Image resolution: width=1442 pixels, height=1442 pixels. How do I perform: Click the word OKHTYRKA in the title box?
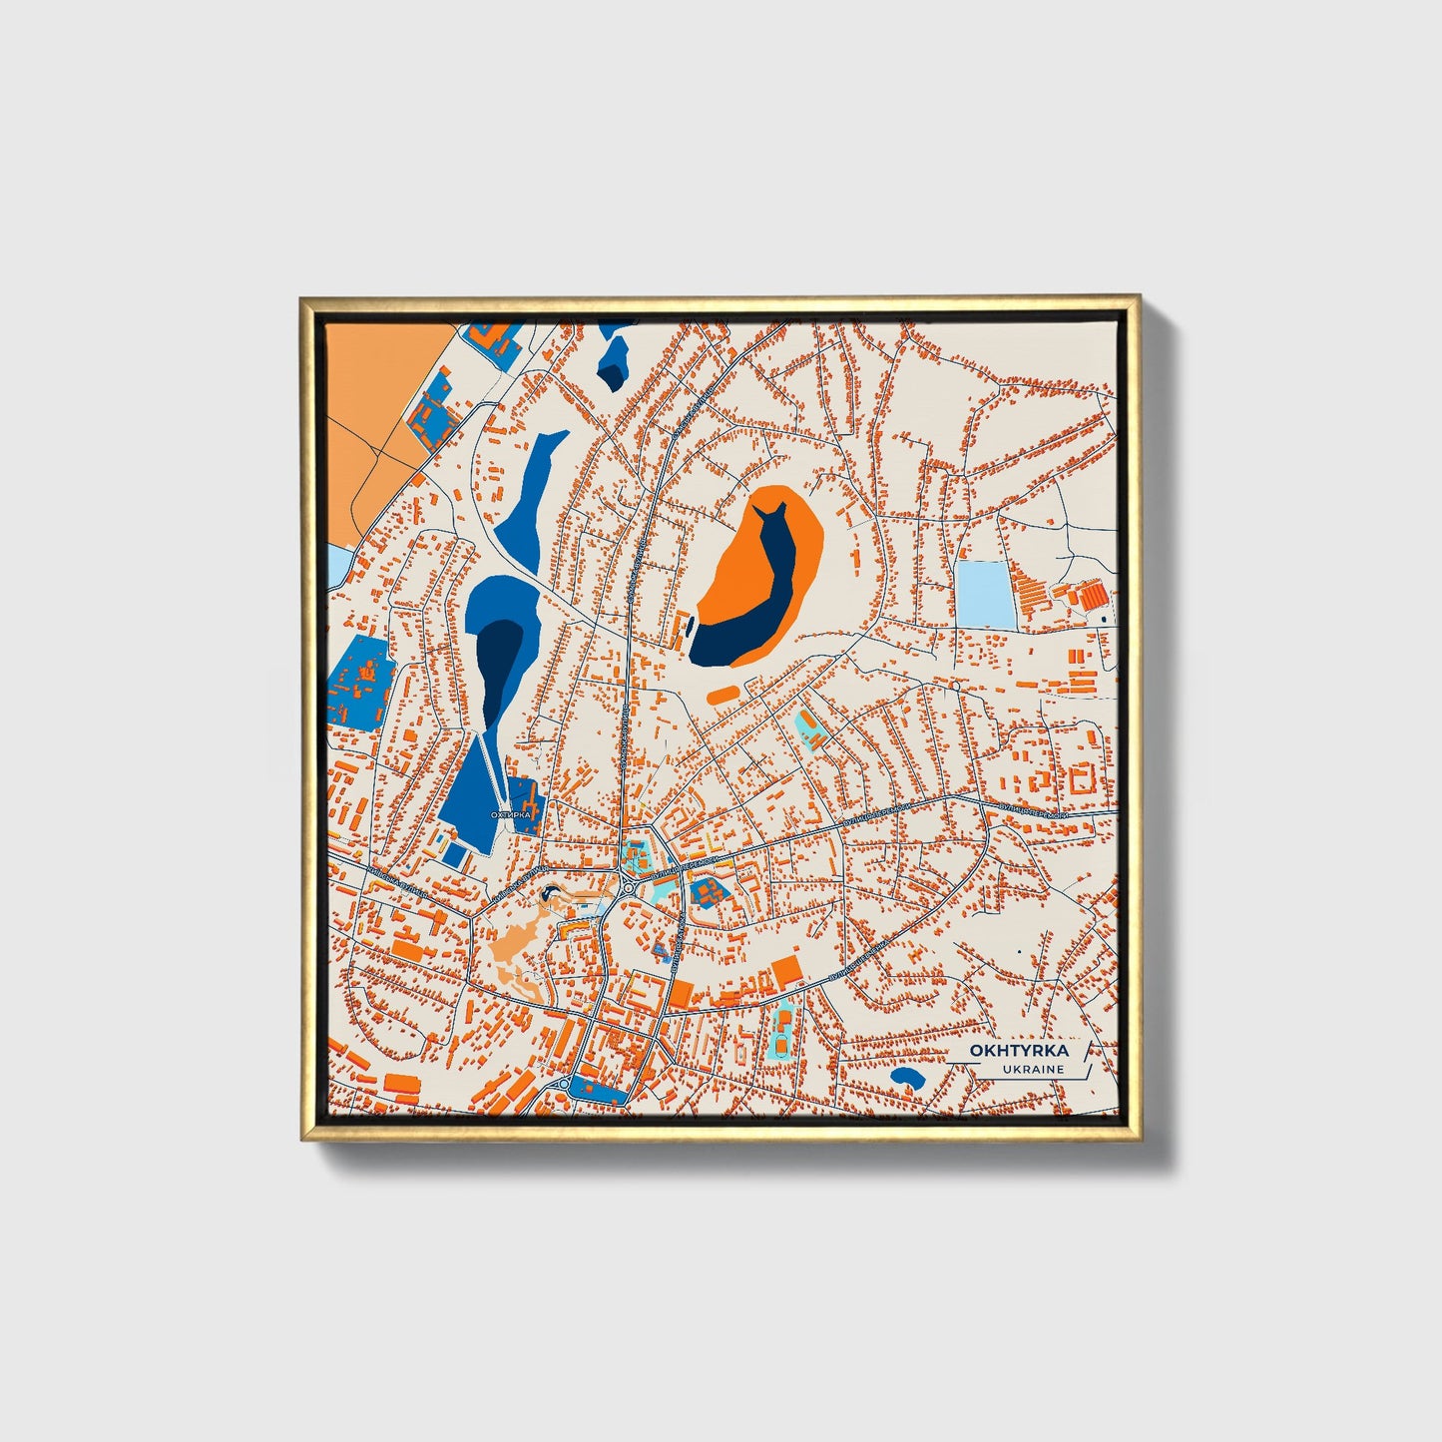click(x=1019, y=1051)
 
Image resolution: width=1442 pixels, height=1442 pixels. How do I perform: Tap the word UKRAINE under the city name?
click(x=1036, y=1070)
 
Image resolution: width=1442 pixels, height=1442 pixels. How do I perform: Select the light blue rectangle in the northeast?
click(x=983, y=595)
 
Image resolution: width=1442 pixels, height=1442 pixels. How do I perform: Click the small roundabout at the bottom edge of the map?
click(x=564, y=1084)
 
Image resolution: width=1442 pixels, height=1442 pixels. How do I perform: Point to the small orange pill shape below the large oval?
click(x=722, y=693)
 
